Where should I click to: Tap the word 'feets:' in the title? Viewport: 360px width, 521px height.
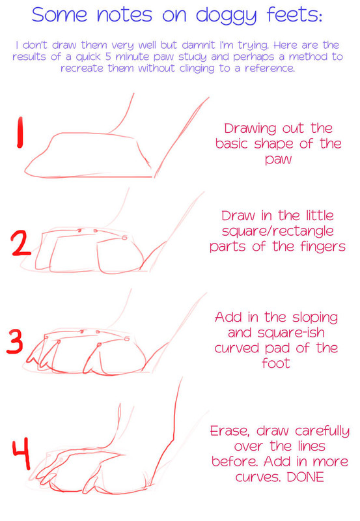coord(295,14)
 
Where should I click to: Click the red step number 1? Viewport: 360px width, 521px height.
coord(20,132)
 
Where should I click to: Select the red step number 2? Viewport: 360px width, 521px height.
coord(21,244)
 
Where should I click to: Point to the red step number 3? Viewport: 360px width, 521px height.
coord(15,341)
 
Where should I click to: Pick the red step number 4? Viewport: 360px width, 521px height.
coord(21,453)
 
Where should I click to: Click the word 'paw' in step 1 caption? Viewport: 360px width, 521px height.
coord(279,160)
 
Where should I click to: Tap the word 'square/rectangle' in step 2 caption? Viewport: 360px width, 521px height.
coord(277,231)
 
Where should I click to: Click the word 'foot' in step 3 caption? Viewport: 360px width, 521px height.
coord(275,363)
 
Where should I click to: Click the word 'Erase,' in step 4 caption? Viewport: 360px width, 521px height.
coord(230,431)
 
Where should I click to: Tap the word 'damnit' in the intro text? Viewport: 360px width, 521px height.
coord(199,45)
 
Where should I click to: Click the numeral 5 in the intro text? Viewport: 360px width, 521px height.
coord(108,57)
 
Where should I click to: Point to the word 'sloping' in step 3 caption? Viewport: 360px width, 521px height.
coord(315,318)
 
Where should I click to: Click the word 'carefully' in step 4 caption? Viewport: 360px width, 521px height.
coord(322,432)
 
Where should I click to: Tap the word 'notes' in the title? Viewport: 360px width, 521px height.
coord(125,15)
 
